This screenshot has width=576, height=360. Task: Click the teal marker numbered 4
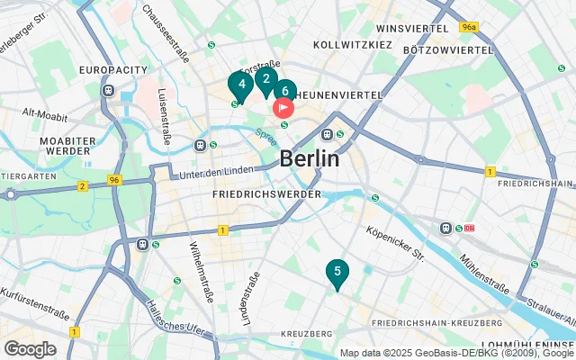click(x=239, y=85)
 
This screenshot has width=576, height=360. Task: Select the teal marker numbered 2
click(x=265, y=79)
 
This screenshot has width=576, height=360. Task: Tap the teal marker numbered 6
click(x=284, y=90)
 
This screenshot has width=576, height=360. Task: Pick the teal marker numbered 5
click(x=337, y=272)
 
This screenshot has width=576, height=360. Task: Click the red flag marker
click(x=283, y=108)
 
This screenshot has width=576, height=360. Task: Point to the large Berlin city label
click(x=310, y=159)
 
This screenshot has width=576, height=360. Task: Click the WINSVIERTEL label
click(x=412, y=29)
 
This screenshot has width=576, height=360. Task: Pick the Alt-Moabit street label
click(x=41, y=112)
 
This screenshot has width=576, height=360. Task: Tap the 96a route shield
click(x=467, y=28)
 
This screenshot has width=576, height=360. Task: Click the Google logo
click(x=30, y=349)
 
